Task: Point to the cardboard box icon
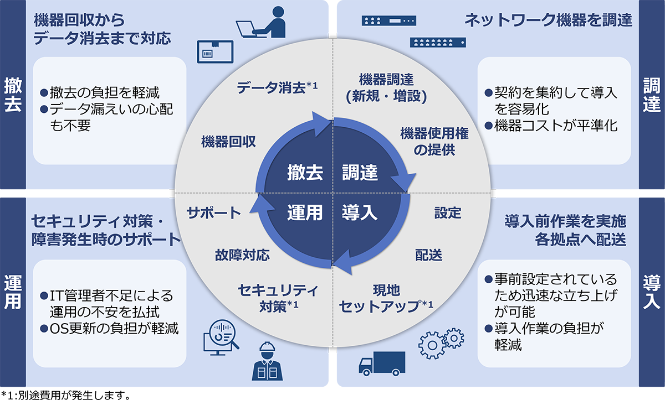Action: pos(213,53)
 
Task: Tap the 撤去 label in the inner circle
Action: pos(305,173)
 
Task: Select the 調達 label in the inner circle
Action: pos(360,173)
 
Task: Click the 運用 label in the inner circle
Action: pos(305,212)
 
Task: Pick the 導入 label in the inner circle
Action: pos(360,212)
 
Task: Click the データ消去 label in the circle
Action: pos(273,87)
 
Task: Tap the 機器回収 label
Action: pos(228,142)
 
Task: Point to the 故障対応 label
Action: pos(242,255)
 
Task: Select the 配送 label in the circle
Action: pos(428,255)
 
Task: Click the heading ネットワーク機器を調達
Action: pos(548,21)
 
